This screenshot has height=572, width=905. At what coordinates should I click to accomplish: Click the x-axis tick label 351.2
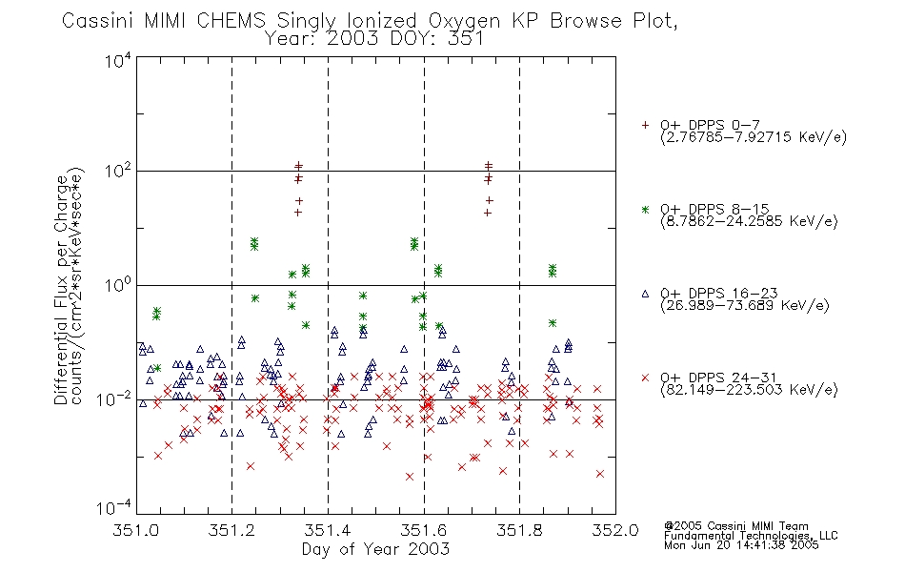[231, 530]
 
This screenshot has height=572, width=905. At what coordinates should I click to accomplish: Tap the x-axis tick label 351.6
[424, 530]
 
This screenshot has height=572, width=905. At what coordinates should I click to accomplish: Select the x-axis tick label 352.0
[615, 530]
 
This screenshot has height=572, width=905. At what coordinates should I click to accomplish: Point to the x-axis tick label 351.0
[135, 530]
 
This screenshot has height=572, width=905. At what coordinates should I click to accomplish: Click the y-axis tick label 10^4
[118, 60]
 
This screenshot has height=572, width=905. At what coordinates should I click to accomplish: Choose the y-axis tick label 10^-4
[114, 507]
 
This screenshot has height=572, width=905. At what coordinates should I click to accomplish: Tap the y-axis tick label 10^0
[118, 285]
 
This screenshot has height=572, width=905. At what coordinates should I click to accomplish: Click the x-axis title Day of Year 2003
[375, 549]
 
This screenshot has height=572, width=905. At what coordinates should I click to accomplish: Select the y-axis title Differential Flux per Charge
[61, 290]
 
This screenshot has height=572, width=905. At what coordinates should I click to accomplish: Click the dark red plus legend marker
[645, 125]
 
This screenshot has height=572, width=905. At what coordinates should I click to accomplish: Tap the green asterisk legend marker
[645, 209]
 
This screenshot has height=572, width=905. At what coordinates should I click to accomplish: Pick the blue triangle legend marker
[645, 294]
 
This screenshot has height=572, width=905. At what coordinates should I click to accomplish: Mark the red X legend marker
[645, 378]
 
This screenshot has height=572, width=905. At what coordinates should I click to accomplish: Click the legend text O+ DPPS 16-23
[719, 293]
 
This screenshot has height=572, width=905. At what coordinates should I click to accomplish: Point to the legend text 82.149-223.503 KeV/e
[749, 390]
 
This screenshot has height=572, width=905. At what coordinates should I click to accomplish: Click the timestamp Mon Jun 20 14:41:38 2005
[741, 545]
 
